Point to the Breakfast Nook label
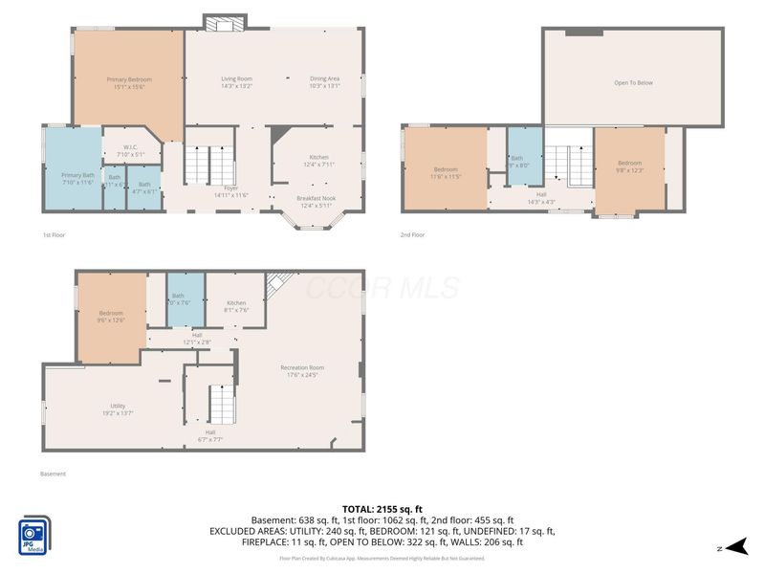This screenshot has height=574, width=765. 317,202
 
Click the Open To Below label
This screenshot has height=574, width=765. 633,83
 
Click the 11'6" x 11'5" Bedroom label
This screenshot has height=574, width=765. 445,173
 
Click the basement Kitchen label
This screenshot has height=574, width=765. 236,306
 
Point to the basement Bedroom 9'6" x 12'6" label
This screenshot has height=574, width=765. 111,317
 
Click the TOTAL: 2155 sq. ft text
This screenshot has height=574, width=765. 382,508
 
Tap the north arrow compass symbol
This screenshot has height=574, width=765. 734,547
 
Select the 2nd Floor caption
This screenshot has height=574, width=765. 413,234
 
